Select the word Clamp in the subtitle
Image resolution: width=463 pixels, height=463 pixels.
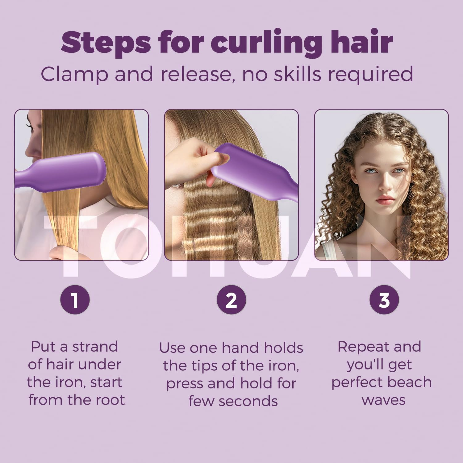74,74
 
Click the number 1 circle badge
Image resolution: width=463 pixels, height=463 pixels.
75,300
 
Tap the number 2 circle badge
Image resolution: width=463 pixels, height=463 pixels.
231,300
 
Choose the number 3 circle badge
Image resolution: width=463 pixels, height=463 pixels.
384,300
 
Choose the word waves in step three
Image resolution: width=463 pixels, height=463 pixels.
383,400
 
